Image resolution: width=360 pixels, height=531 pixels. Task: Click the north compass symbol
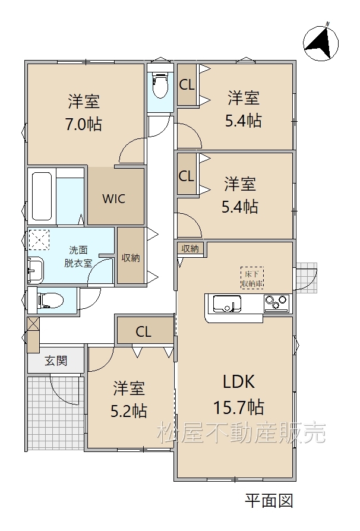(x=320, y=43)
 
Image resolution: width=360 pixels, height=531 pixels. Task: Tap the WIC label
(x=114, y=199)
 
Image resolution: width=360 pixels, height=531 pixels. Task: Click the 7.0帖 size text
(x=84, y=125)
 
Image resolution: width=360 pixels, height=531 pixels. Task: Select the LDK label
(x=239, y=382)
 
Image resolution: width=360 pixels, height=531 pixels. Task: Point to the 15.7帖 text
(x=239, y=407)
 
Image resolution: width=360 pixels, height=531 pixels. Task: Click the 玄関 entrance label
(x=56, y=361)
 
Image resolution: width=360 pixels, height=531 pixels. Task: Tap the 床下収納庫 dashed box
(x=252, y=279)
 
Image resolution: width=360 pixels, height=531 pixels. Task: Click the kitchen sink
(x=227, y=304)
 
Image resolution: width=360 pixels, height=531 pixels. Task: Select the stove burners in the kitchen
(x=277, y=303)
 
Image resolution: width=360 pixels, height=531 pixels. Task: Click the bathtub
(x=42, y=196)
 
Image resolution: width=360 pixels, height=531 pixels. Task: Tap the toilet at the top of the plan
(x=160, y=86)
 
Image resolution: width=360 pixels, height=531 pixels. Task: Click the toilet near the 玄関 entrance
(x=50, y=300)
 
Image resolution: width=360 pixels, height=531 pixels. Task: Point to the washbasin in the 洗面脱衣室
(x=36, y=270)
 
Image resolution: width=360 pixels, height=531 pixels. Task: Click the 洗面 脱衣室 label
(x=78, y=257)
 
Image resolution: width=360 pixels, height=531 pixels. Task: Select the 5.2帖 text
(x=129, y=412)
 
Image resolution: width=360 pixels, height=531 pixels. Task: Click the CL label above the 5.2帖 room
(x=143, y=332)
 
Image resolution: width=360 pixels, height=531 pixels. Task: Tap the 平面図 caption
(x=269, y=501)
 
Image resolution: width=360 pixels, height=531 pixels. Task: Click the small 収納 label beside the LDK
(x=190, y=248)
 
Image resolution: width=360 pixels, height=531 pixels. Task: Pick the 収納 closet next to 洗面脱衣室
(x=131, y=255)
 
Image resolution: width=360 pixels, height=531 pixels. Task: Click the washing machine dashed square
(x=39, y=240)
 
